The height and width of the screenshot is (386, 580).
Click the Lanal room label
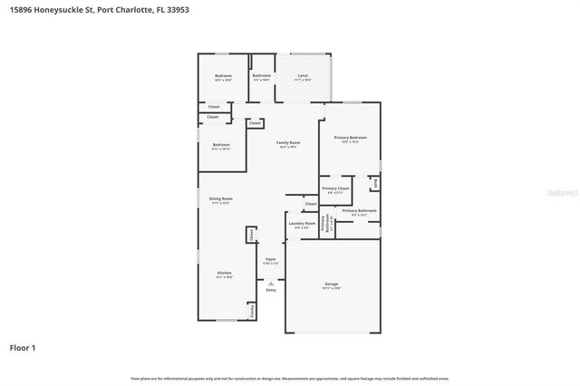pos(303,76)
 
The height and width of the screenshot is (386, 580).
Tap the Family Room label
pos(288,142)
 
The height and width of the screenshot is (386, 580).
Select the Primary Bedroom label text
pos(350,138)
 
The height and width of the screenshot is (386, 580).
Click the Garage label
pos(332,285)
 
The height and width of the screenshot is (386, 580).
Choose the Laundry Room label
pos(302,223)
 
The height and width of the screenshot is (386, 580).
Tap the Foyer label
pos(270,259)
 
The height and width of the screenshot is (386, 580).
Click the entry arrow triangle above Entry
pos(270,283)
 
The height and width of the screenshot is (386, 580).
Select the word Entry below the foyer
pos(270,290)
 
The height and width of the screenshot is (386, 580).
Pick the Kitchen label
pos(223,274)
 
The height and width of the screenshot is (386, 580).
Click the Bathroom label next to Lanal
pos(262,76)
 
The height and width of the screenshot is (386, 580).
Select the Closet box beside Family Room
pos(255,123)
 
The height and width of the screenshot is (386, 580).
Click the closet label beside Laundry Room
pos(311,204)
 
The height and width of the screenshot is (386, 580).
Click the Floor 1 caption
pos(24,347)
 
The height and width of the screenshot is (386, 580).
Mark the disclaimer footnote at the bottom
pos(289,377)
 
